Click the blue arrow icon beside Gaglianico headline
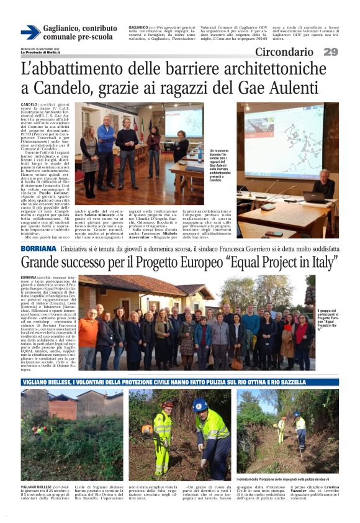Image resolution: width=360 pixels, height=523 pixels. pos(30,32)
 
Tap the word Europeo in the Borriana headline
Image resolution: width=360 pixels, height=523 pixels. pos(223,262)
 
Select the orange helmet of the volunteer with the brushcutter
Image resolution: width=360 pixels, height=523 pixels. pos(166,404)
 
